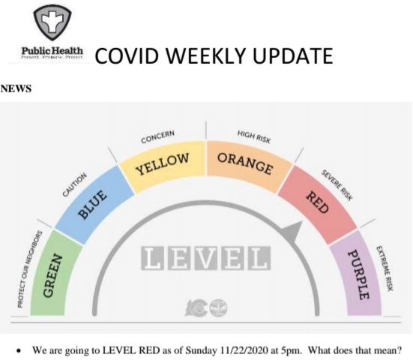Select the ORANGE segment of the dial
(x=244, y=160)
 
